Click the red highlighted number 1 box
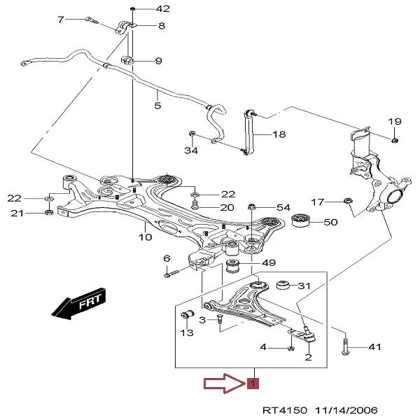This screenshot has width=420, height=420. (x=253, y=384)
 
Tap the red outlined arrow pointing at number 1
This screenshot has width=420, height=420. (x=223, y=384)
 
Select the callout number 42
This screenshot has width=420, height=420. (x=162, y=9)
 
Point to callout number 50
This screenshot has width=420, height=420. (x=330, y=223)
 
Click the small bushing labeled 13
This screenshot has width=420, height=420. (x=188, y=312)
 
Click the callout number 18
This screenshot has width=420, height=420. (x=279, y=134)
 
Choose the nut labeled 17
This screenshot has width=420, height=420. (x=348, y=202)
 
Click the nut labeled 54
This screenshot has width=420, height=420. (x=252, y=207)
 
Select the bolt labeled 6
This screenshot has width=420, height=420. (x=172, y=274)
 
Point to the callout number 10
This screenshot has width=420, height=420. (x=145, y=237)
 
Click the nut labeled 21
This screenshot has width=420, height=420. (x=48, y=213)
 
